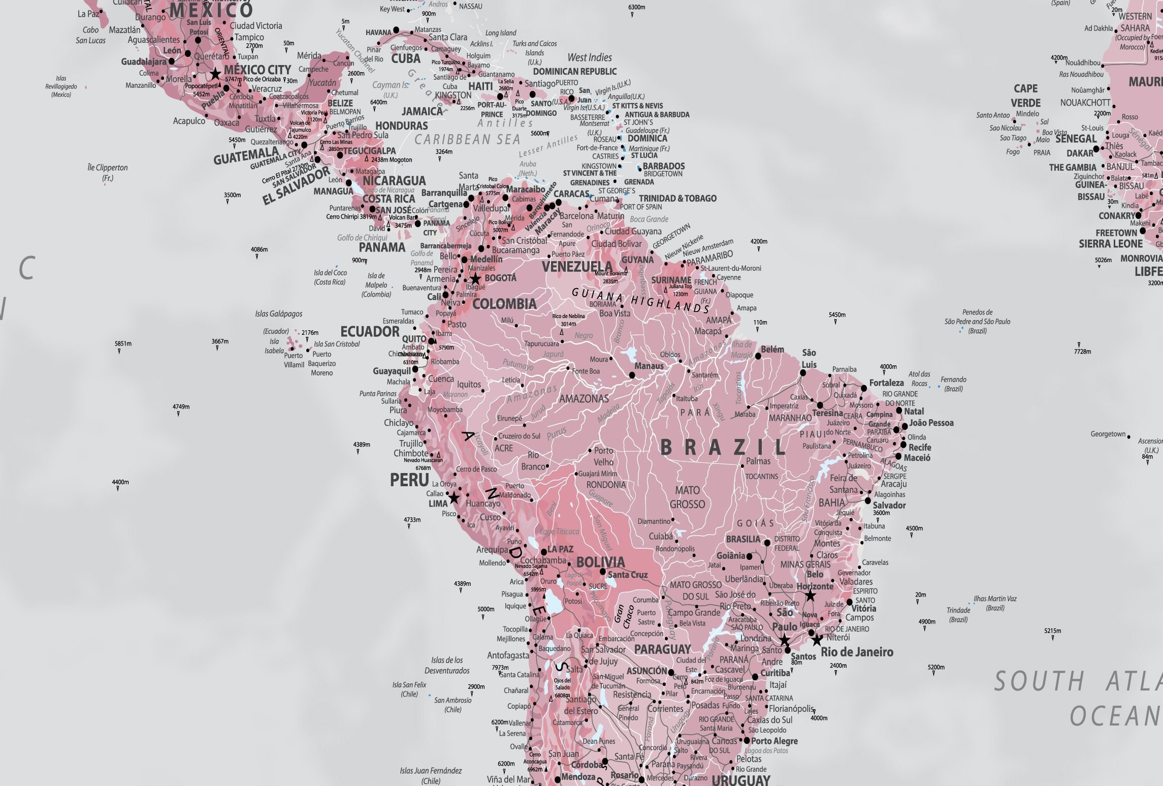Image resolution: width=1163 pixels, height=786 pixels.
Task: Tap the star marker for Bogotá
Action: pyautogui.click(x=475, y=279)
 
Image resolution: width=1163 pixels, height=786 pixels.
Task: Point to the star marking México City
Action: pyautogui.click(x=216, y=74)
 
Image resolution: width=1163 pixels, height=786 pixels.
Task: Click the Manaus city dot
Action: pyautogui.click(x=632, y=375)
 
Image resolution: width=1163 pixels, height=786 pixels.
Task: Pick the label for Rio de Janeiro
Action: pyautogui.click(x=857, y=652)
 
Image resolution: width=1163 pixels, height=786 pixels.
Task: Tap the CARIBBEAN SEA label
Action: pyautogui.click(x=467, y=140)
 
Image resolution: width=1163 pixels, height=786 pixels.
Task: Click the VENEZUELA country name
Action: pyautogui.click(x=577, y=267)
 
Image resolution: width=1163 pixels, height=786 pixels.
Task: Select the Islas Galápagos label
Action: pyautogui.click(x=278, y=314)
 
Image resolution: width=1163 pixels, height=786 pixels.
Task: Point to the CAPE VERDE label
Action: pyautogui.click(x=1025, y=96)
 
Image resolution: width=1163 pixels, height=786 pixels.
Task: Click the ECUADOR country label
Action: pyautogui.click(x=370, y=332)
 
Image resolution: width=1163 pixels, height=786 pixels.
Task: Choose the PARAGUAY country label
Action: pyautogui.click(x=662, y=649)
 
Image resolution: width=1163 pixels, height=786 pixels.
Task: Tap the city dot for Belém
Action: pyautogui.click(x=758, y=356)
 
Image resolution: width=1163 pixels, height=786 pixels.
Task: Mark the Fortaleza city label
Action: pyautogui.click(x=886, y=383)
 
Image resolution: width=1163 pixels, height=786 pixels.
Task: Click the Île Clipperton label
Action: pyautogui.click(x=108, y=172)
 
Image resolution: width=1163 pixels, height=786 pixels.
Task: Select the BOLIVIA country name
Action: pyautogui.click(x=600, y=562)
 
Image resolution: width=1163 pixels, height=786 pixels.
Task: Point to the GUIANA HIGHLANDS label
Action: pyautogui.click(x=640, y=300)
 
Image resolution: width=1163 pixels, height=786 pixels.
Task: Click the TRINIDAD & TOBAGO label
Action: pyautogui.click(x=677, y=198)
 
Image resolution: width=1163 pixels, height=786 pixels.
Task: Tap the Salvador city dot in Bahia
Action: pyautogui.click(x=868, y=501)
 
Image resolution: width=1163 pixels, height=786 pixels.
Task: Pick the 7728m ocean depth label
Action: pyautogui.click(x=1082, y=351)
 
